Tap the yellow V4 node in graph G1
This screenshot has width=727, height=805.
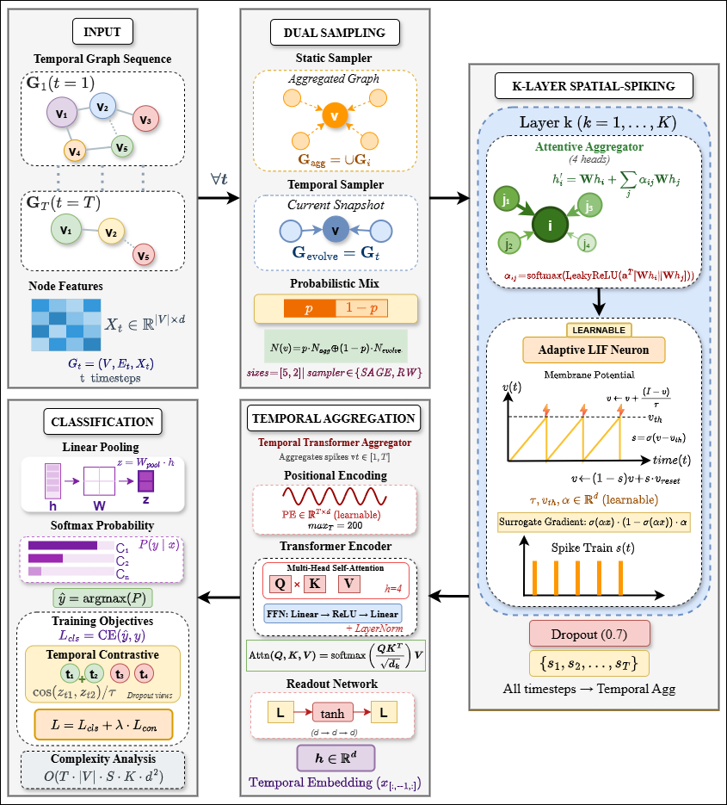point(76,152)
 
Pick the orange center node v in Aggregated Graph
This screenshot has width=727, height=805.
point(335,115)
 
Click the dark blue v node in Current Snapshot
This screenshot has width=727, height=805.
point(335,231)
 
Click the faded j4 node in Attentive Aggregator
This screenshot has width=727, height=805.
point(587,244)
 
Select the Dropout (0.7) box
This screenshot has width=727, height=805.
point(589,635)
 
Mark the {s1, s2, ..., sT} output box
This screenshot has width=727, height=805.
point(589,663)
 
